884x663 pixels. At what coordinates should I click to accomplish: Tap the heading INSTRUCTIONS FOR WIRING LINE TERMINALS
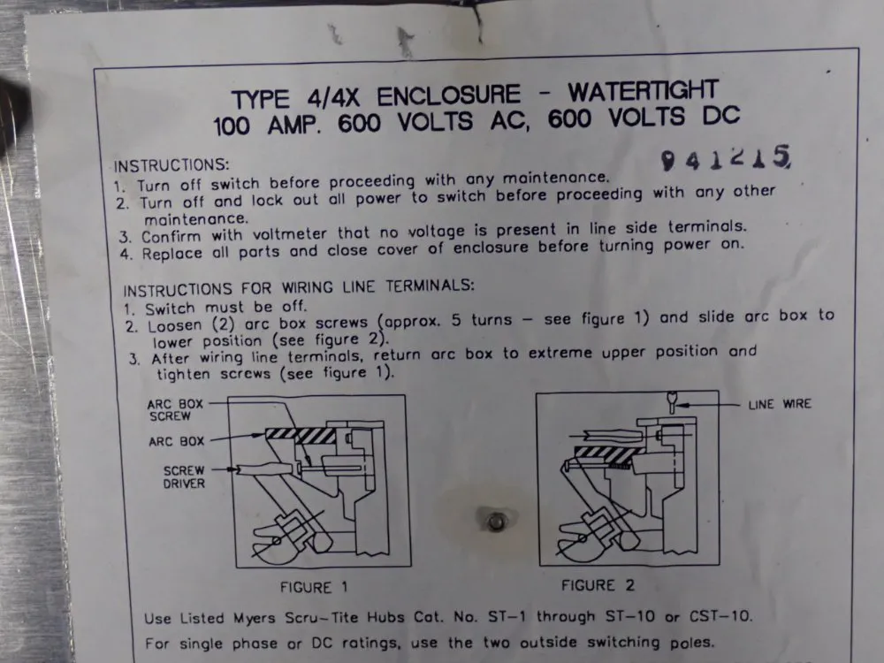[299, 288]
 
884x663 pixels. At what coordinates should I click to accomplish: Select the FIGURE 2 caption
[598, 585]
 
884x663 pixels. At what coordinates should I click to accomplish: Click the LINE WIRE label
[779, 405]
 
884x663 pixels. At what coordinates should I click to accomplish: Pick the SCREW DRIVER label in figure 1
[183, 477]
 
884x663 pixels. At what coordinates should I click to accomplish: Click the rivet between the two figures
[497, 522]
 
